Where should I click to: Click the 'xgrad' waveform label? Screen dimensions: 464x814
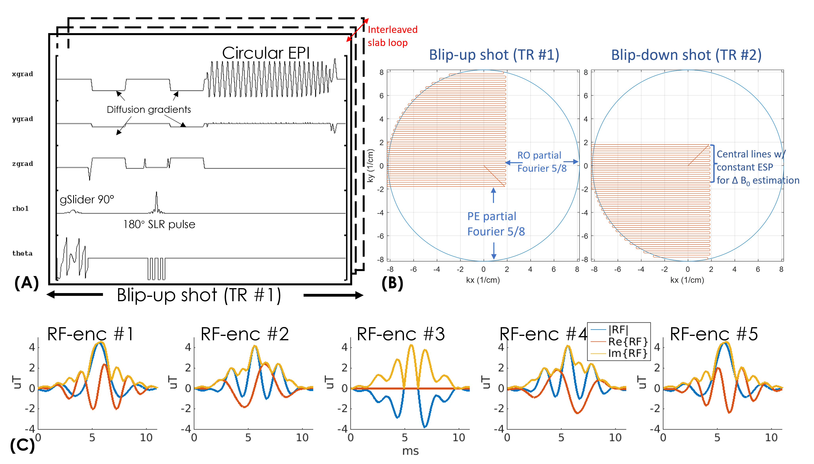tap(22, 74)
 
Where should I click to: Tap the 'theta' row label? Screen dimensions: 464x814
tap(22, 253)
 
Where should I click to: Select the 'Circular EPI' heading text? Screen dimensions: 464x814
tap(266, 53)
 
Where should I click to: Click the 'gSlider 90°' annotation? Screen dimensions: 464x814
tap(87, 199)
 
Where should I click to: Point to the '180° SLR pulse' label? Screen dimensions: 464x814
tap(159, 224)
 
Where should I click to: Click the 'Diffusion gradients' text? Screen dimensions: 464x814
tap(149, 110)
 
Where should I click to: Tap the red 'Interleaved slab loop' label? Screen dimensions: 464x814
tap(392, 36)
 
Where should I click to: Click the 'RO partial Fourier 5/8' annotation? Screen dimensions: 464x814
tap(542, 162)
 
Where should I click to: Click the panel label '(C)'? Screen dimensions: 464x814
tap(22, 445)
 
